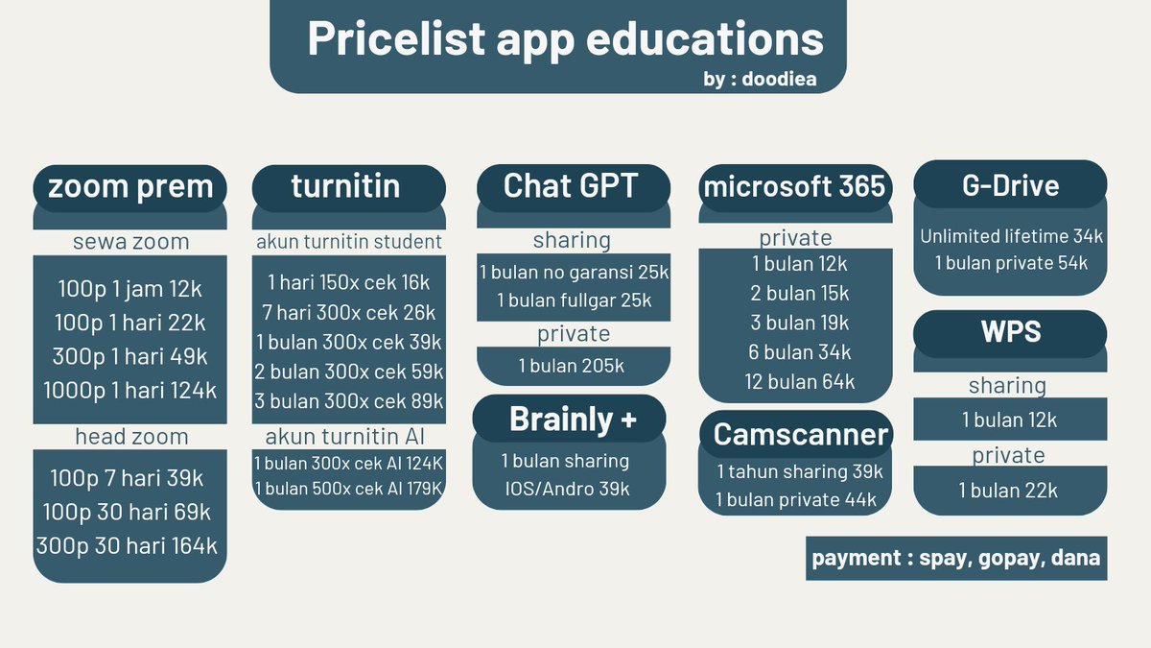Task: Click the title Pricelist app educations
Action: [565, 38]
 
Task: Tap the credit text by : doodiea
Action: [760, 80]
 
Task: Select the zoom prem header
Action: [129, 186]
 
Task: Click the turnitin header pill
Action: [346, 185]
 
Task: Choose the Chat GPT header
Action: [571, 185]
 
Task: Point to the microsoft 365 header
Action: [794, 186]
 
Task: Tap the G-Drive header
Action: [1010, 185]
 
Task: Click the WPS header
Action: [1010, 332]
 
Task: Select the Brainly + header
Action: [573, 419]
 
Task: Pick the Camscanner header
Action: [800, 434]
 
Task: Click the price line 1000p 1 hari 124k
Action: [129, 391]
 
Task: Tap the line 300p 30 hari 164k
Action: [127, 546]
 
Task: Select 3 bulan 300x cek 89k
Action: [349, 400]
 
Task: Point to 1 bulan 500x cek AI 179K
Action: [348, 489]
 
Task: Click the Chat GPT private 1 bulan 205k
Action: [572, 365]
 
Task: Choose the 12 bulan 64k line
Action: [799, 381]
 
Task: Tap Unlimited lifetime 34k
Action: [1011, 236]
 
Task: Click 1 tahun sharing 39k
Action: [799, 471]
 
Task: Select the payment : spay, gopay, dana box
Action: [955, 558]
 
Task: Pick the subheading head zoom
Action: [131, 437]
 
